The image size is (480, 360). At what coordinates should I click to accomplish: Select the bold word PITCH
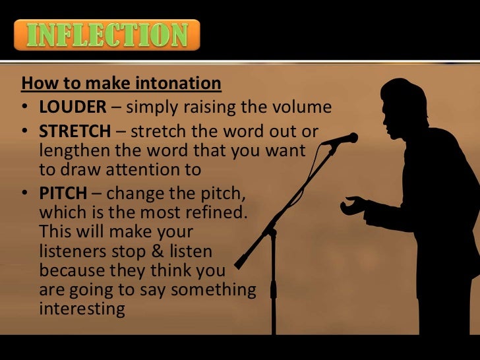pyautogui.click(x=63, y=194)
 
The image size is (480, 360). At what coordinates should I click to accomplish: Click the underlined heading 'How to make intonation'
pyautogui.click(x=121, y=84)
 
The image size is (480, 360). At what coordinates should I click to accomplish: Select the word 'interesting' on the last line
pyautogui.click(x=82, y=309)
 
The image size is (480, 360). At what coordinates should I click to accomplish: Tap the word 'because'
pyautogui.click(x=70, y=270)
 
